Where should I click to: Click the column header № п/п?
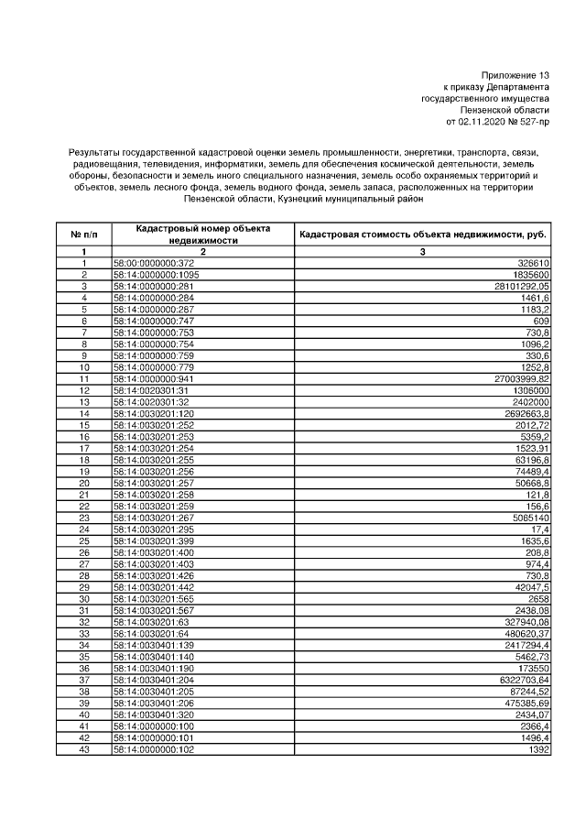[x=83, y=234]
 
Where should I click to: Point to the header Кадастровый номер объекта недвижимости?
[x=203, y=234]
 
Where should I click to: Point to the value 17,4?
[x=540, y=529]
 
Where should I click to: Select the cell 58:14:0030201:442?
[x=151, y=586]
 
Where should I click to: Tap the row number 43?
[x=83, y=749]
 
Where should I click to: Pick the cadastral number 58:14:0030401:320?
[x=151, y=714]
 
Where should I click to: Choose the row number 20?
[x=83, y=483]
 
